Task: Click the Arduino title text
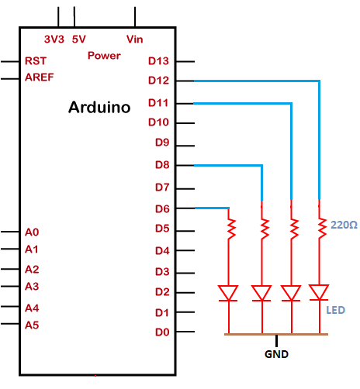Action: [99, 107]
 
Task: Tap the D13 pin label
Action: [158, 61]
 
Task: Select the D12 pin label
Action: [158, 81]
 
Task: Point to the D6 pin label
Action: [162, 208]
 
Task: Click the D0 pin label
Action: [162, 332]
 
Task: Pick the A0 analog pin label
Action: [32, 232]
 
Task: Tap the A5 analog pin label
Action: [32, 325]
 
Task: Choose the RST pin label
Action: [36, 61]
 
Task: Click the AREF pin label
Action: [40, 77]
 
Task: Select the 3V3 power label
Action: [54, 40]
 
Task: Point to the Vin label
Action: [134, 40]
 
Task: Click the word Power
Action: [104, 56]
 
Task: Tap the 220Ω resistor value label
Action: [344, 225]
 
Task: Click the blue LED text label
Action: [335, 310]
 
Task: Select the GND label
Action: [276, 354]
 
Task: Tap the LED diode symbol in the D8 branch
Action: [261, 293]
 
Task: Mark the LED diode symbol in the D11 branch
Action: [291, 293]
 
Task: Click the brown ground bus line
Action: [276, 334]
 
